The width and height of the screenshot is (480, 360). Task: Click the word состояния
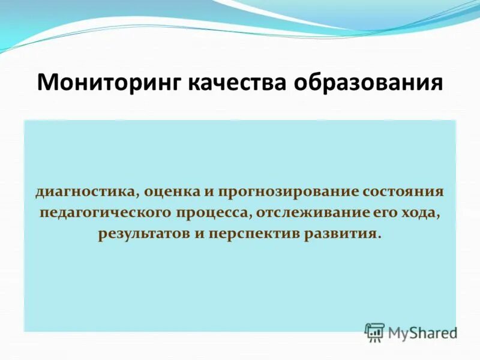(x=403, y=193)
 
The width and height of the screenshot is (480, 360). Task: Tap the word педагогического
(x=104, y=213)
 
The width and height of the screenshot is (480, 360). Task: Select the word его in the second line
(x=379, y=213)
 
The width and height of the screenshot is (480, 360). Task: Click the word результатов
(x=143, y=233)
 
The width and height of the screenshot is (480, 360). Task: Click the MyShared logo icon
(x=374, y=332)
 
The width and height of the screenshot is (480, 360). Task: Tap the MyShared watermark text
(x=422, y=332)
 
